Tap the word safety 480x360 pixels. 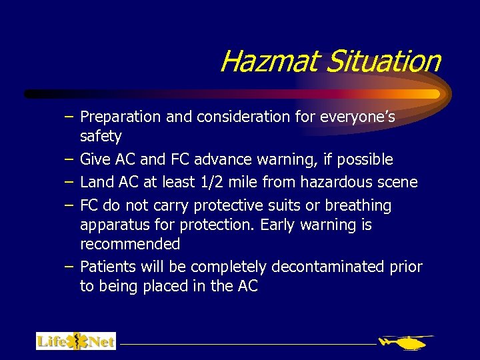click(x=101, y=137)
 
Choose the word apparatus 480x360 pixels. click(x=111, y=225)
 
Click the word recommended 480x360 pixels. click(x=130, y=244)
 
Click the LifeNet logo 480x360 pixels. click(x=76, y=341)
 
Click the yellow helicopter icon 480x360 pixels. click(x=405, y=342)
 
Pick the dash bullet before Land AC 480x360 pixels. click(x=69, y=182)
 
